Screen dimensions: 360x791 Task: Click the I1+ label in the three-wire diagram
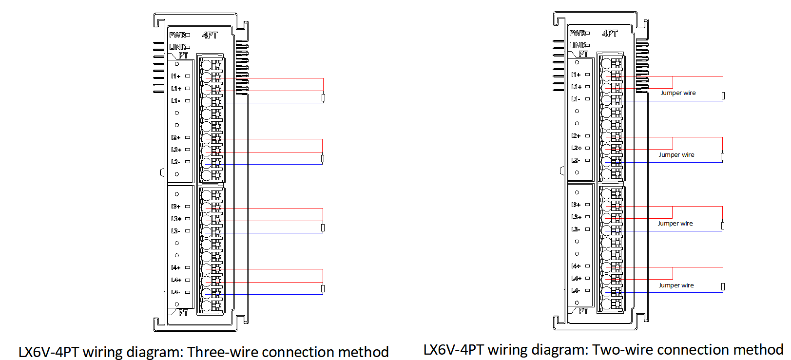(x=175, y=76)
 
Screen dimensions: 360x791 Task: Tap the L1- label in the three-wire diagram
(x=175, y=101)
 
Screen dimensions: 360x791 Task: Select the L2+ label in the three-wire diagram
(x=176, y=150)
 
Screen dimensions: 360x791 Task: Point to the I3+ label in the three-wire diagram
(x=175, y=207)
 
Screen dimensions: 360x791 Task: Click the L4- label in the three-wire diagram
(x=175, y=292)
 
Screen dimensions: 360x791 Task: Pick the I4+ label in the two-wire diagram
(x=576, y=266)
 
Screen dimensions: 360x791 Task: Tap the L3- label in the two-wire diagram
(x=576, y=229)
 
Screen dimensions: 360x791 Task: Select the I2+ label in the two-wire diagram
(x=576, y=136)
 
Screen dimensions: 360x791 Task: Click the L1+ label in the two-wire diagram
(x=576, y=87)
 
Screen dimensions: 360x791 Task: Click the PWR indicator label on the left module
(x=177, y=35)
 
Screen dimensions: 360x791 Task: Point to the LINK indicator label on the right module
(x=577, y=45)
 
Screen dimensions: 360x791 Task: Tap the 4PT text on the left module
(x=210, y=35)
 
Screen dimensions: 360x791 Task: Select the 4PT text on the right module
(x=610, y=33)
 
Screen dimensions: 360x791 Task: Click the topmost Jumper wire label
(x=678, y=93)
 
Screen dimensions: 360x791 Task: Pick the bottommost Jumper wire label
(x=676, y=285)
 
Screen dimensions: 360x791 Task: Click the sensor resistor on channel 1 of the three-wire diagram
(x=323, y=97)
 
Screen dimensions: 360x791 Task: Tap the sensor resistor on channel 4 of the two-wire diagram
(x=723, y=286)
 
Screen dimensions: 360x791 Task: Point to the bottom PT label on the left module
(x=183, y=313)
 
